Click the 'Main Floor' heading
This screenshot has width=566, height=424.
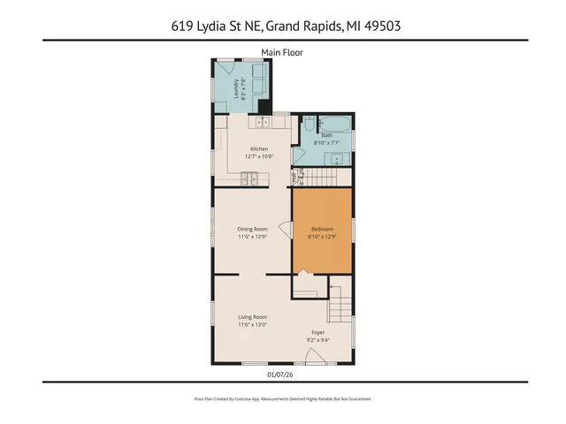click(x=282, y=53)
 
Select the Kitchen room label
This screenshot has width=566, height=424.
click(x=259, y=148)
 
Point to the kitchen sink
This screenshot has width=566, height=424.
click(x=262, y=121)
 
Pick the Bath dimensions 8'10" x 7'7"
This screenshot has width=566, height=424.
click(x=326, y=142)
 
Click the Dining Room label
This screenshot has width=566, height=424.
click(x=252, y=229)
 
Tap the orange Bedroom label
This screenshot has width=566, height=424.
click(x=322, y=229)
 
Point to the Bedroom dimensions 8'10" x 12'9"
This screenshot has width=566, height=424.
click(x=322, y=237)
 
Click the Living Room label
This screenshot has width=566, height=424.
click(x=252, y=316)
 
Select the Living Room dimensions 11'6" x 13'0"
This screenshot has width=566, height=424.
click(x=252, y=324)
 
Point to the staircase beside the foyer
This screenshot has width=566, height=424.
click(x=340, y=300)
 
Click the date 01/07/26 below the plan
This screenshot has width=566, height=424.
click(x=281, y=374)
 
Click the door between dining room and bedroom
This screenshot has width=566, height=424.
click(x=285, y=230)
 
